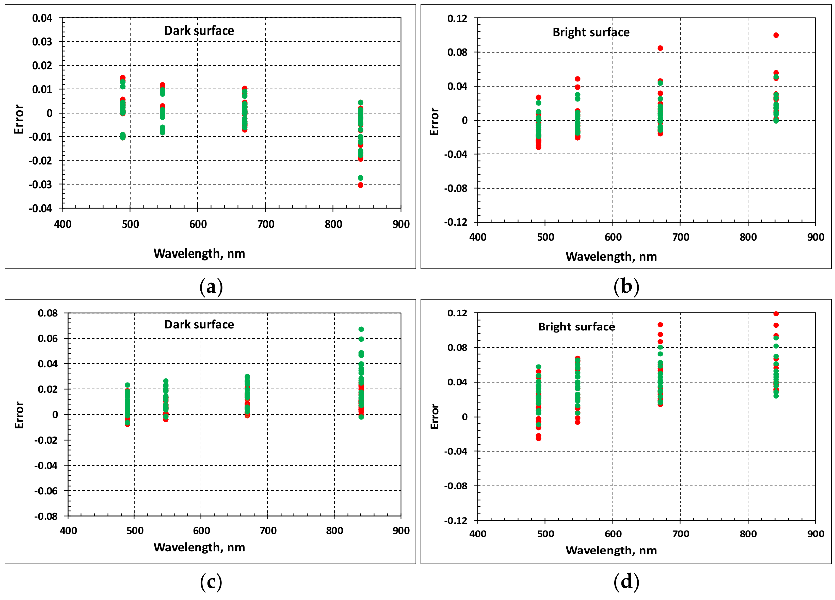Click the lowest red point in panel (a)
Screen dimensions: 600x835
[360, 185]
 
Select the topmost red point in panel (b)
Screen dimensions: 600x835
[776, 35]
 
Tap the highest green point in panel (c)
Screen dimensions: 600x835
[361, 329]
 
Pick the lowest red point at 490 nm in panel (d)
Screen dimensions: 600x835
[539, 439]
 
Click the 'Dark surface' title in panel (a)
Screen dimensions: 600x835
[199, 30]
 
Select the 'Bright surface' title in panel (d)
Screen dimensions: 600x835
[576, 327]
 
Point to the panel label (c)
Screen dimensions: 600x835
[211, 582]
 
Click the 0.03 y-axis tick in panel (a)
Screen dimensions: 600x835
[42, 42]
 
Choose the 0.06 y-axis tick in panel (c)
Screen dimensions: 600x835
[48, 338]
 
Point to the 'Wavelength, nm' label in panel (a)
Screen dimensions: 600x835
[199, 254]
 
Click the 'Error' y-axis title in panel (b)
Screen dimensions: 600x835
[435, 121]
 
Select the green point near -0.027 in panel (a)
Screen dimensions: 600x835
[360, 178]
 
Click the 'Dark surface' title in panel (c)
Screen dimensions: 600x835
[199, 324]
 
